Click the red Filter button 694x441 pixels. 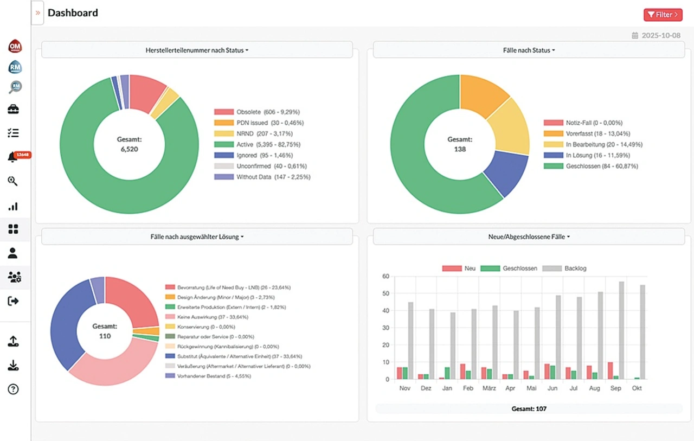(x=663, y=15)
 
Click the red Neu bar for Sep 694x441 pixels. (x=610, y=370)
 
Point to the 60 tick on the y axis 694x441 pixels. (x=385, y=276)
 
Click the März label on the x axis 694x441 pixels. (x=489, y=388)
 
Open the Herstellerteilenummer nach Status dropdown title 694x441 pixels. (x=197, y=50)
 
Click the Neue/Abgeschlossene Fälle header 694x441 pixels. (x=529, y=237)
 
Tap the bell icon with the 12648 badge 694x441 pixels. (x=12, y=157)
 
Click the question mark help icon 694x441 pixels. (x=13, y=389)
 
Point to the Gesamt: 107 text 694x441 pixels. (x=529, y=408)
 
